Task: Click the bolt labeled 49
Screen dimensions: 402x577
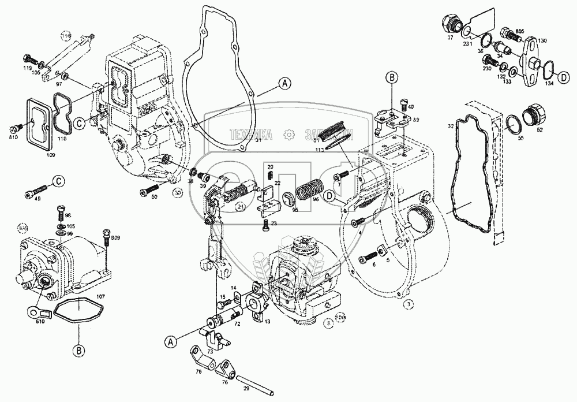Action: pyautogui.click(x=40, y=189)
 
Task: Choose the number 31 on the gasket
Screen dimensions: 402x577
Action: pyautogui.click(x=259, y=140)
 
